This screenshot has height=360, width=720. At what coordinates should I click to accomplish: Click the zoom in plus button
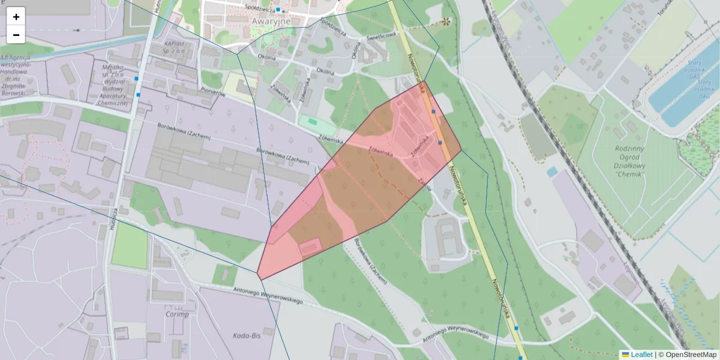coord(16,17)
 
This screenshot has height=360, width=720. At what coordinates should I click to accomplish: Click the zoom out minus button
coord(16,35)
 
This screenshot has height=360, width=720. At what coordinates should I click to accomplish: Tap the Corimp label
coord(176,314)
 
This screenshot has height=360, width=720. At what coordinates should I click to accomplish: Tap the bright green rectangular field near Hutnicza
coord(130,246)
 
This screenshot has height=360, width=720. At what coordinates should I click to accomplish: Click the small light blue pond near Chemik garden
coord(552,172)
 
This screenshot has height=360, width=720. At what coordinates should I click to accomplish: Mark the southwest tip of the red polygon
coord(259,276)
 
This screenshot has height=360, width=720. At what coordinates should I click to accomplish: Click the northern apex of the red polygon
coord(424,81)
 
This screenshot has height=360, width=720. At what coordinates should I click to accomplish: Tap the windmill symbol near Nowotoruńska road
coord(446,22)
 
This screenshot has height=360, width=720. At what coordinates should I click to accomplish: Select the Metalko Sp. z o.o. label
coord(113,78)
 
